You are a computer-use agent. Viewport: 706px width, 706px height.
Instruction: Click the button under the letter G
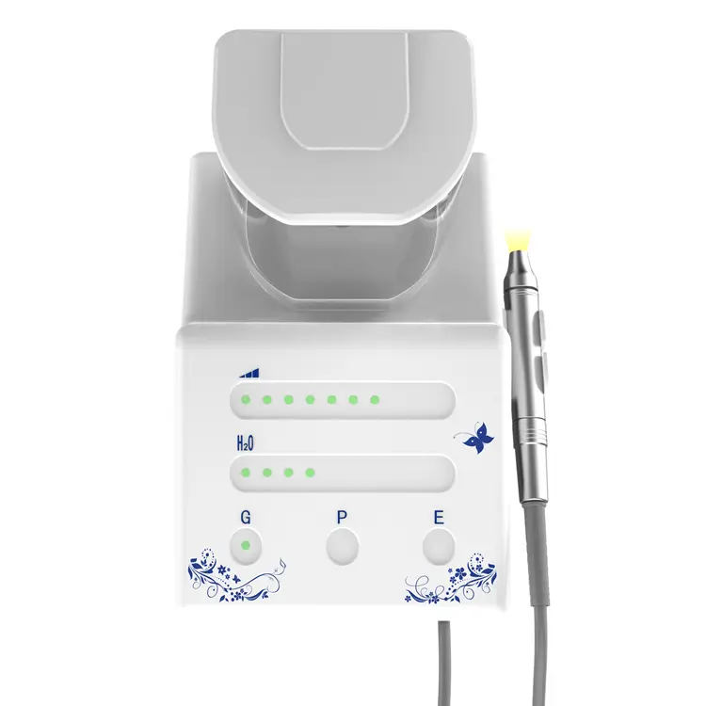[246, 547]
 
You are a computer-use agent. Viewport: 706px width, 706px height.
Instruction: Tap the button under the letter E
[439, 547]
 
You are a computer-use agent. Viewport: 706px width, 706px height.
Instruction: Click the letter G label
[246, 518]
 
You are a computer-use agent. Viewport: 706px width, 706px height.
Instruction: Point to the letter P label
[342, 518]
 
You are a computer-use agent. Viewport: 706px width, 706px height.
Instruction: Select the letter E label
[439, 518]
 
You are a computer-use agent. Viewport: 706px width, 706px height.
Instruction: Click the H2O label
[245, 443]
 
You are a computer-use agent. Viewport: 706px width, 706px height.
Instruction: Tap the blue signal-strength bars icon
[249, 373]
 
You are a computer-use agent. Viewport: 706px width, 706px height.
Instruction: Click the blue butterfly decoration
[477, 437]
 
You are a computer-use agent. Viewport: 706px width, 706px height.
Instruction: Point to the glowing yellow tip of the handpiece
[519, 239]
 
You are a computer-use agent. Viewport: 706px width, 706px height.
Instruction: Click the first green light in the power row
[246, 399]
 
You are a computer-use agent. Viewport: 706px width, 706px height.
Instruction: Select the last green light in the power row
[375, 399]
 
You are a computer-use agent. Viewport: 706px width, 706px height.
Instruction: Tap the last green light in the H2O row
[310, 473]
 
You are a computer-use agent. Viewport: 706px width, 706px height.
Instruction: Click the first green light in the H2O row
[246, 473]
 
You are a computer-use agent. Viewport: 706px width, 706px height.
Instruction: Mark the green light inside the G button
[246, 546]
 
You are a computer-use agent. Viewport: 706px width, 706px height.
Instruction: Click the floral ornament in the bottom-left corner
[235, 575]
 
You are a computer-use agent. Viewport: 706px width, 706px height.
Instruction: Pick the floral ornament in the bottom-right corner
[452, 579]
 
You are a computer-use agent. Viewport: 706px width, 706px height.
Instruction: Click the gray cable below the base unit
[444, 663]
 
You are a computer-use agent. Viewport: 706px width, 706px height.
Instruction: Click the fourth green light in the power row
[310, 399]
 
